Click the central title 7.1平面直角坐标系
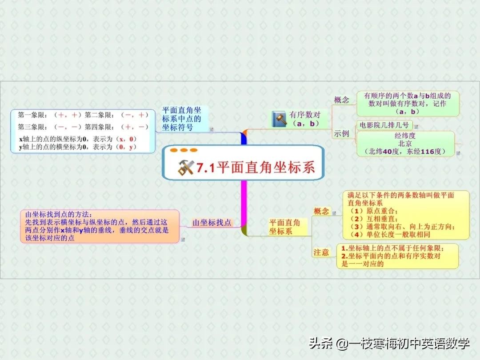256,168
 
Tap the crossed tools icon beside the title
186,168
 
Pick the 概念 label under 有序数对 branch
342,100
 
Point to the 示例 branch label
342,133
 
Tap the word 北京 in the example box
405,144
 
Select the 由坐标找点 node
212,222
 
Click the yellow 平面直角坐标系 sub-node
284,227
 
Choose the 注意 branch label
321,252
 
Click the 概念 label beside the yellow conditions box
321,211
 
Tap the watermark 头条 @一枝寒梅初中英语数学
389,344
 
